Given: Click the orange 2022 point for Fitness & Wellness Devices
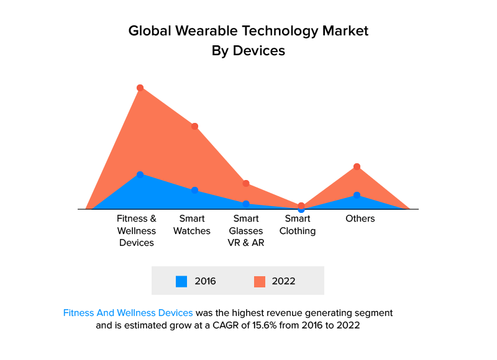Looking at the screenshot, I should (x=140, y=88).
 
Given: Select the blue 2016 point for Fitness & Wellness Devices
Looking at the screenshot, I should (x=140, y=174).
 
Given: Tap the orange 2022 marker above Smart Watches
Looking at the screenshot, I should (x=194, y=127).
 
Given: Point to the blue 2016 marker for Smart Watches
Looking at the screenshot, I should (x=194, y=190).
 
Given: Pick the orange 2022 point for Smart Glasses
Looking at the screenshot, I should (x=246, y=184).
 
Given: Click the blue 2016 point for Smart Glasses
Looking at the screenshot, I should (x=246, y=204).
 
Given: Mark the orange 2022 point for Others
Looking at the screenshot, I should (x=357, y=166).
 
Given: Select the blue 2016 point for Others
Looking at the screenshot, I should (x=357, y=195).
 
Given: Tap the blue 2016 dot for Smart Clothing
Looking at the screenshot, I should (x=301, y=210).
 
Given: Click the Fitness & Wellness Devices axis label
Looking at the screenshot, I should (x=137, y=230).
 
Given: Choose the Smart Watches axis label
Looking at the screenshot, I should (x=192, y=225).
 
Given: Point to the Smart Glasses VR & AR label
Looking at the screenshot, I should (x=246, y=230).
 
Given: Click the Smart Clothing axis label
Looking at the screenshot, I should (x=298, y=225).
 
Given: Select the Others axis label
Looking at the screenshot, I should (x=360, y=218).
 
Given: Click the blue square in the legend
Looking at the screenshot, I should (x=181, y=281).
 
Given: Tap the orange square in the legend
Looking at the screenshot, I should (x=260, y=281).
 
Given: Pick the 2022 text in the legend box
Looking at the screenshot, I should (x=283, y=281).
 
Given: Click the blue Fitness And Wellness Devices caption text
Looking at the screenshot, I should (x=128, y=312).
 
